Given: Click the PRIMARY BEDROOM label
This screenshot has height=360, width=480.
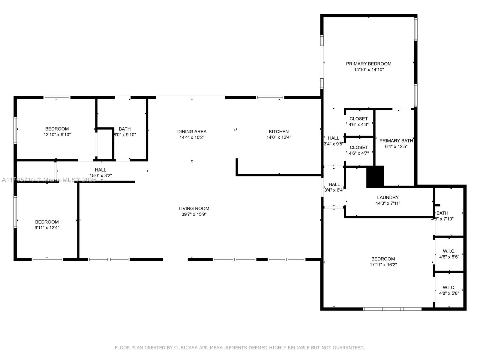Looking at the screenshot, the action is (x=368, y=64).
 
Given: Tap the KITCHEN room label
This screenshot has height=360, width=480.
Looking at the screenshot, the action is (x=279, y=132).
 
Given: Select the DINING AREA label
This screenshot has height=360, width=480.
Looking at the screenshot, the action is (x=192, y=132).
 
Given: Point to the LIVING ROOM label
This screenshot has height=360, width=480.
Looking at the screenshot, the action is (x=194, y=208).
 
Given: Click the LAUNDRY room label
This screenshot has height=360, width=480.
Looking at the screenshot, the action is (x=388, y=197).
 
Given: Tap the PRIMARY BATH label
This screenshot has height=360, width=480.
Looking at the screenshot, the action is (x=396, y=141).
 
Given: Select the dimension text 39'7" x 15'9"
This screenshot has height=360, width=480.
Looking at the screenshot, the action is (x=194, y=214).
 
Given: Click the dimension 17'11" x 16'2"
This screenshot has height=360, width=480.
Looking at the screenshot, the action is (x=383, y=265).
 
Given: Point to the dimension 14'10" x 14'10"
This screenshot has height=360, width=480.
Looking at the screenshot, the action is (x=369, y=70).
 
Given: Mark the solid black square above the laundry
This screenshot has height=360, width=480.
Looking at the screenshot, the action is (x=375, y=176).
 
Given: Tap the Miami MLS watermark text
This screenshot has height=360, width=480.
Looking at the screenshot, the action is (x=49, y=180).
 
